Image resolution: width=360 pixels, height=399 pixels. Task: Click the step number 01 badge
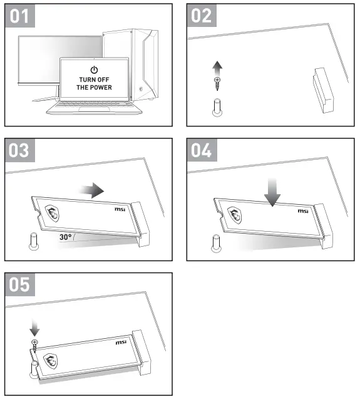20,16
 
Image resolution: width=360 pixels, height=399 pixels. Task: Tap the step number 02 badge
202,16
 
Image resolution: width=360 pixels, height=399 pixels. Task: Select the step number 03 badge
20,150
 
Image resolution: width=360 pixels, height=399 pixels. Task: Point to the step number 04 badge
202,150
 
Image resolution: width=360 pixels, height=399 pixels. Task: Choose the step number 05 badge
20,284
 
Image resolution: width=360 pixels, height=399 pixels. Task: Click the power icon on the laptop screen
94,70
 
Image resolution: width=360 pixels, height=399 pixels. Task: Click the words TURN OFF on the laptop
94,80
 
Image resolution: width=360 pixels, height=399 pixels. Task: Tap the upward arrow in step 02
217,68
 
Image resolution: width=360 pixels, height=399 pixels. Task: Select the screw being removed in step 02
217,84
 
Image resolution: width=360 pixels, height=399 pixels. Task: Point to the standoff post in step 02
217,108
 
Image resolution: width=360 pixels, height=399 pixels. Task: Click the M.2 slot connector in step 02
323,90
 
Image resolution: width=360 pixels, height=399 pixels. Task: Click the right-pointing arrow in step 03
91,190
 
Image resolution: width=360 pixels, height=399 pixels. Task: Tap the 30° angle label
65,237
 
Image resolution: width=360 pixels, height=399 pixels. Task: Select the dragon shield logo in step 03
52,213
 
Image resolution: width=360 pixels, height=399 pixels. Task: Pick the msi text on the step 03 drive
120,209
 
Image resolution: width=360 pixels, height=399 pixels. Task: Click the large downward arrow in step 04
272,192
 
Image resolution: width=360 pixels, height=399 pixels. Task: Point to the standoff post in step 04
216,244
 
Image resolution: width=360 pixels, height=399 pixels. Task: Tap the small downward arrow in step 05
34,328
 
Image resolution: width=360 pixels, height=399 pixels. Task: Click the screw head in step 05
34,342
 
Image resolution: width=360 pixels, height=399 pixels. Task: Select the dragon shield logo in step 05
51,361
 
